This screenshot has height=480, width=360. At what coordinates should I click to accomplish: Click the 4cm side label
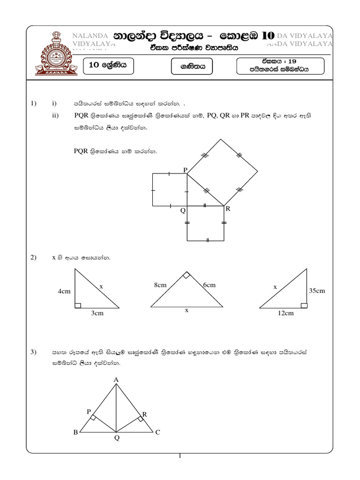click(x=64, y=291)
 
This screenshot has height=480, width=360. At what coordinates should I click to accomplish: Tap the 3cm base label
click(x=97, y=313)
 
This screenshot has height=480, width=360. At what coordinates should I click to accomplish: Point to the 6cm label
click(x=209, y=285)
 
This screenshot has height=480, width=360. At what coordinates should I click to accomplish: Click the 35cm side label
click(x=317, y=291)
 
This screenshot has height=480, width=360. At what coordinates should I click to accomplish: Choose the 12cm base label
click(x=285, y=313)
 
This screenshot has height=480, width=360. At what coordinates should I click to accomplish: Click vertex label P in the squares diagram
click(x=185, y=170)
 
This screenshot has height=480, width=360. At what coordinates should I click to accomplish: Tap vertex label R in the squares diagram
click(x=228, y=209)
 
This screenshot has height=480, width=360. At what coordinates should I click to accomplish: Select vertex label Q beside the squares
click(x=183, y=211)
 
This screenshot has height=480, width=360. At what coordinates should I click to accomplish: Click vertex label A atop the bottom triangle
click(x=116, y=379)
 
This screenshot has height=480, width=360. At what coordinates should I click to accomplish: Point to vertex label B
click(x=75, y=433)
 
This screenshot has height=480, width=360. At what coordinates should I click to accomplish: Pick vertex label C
click(x=158, y=433)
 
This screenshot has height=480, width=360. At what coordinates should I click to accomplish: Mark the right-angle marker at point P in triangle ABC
click(x=93, y=417)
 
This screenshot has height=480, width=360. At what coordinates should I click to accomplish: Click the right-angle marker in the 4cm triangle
click(x=78, y=306)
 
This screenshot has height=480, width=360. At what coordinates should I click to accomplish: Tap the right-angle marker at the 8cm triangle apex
click(x=187, y=276)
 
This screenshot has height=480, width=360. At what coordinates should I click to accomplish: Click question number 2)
click(x=33, y=257)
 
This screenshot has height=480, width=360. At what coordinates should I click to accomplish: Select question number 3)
click(x=33, y=352)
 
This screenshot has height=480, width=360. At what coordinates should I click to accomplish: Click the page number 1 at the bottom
click(x=180, y=456)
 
